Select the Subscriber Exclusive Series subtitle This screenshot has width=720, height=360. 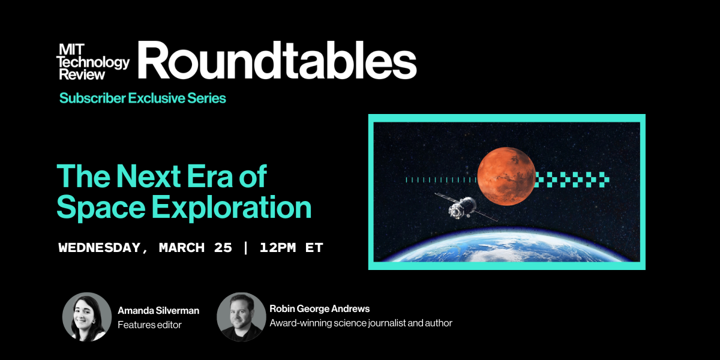pos(142,98)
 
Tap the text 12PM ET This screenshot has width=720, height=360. pos(291,248)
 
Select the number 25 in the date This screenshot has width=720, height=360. pos(222,248)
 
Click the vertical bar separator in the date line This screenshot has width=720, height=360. pos(245,248)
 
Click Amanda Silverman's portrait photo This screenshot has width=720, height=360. pos(87,317)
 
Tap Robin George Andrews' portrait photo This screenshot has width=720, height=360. pos(241,317)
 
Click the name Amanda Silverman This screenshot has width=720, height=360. pos(158,311)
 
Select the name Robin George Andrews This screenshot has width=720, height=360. pos(319,309)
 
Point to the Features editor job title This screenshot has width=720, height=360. pos(149,325)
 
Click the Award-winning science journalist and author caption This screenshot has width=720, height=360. pos(361,323)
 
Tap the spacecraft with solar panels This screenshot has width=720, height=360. pos(463,206)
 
